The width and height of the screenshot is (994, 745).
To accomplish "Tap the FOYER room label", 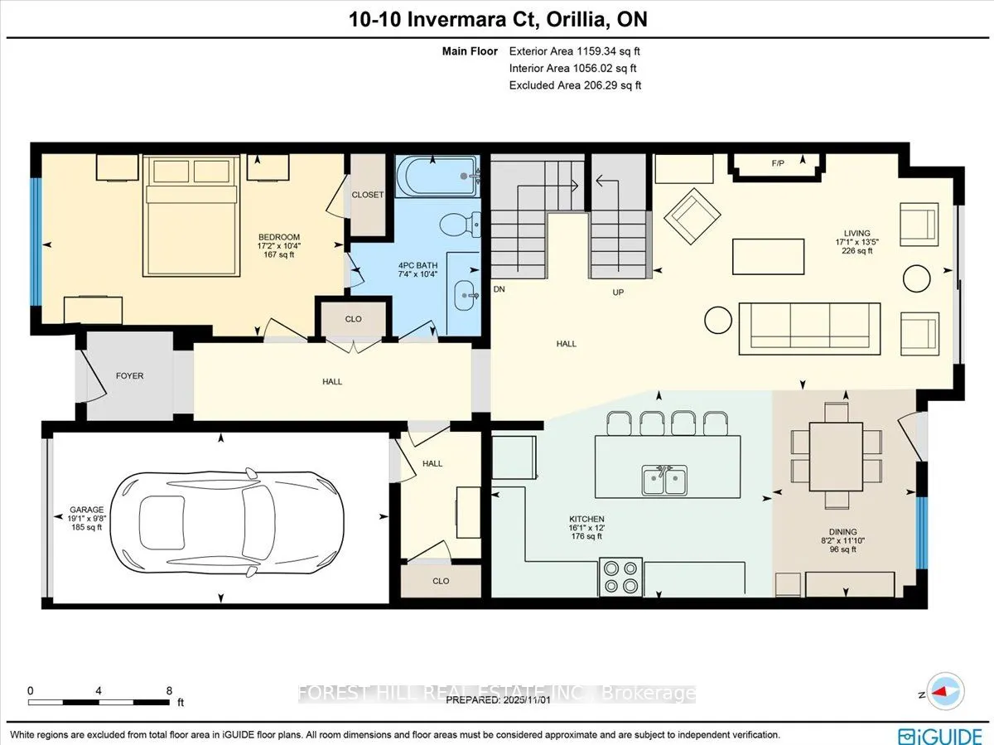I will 129,375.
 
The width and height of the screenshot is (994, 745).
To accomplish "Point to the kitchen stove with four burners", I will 621,577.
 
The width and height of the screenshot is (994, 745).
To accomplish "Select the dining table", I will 834,457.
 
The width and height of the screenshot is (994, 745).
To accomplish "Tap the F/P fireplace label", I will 778,164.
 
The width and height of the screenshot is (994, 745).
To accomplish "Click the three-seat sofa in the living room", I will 809,325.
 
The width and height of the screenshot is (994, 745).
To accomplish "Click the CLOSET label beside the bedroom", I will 368,195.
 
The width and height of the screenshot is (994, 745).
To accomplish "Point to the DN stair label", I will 499,290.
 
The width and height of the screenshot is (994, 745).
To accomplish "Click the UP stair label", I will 617,293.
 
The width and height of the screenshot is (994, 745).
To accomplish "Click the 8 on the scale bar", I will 169,690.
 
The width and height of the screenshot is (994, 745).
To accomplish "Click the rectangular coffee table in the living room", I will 768,256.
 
